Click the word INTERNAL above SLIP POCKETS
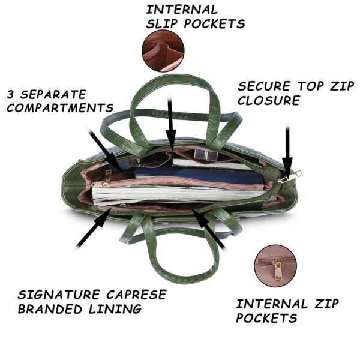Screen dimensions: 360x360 [x=182, y=10]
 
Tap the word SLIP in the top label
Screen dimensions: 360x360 [x=162, y=23]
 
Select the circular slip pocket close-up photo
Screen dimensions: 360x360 [x=163, y=51]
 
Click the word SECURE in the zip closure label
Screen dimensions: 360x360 [x=264, y=86]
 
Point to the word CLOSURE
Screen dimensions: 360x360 [x=269, y=100]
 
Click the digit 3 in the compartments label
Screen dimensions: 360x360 [x=10, y=94]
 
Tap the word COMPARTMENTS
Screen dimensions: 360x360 [x=60, y=107]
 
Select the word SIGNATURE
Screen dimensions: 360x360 [x=59, y=295]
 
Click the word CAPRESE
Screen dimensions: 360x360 [x=136, y=295]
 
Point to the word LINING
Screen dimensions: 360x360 [x=115, y=309]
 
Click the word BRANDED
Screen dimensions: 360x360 [x=50, y=309]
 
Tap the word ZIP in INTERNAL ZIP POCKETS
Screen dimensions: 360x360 [x=326, y=304]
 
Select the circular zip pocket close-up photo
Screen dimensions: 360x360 [x=275, y=266]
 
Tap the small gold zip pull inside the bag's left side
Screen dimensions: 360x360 [x=107, y=178]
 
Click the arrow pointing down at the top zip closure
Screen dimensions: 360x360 [x=287, y=149]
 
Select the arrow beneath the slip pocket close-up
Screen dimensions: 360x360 [x=170, y=123]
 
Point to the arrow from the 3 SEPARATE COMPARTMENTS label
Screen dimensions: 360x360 [x=106, y=151]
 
